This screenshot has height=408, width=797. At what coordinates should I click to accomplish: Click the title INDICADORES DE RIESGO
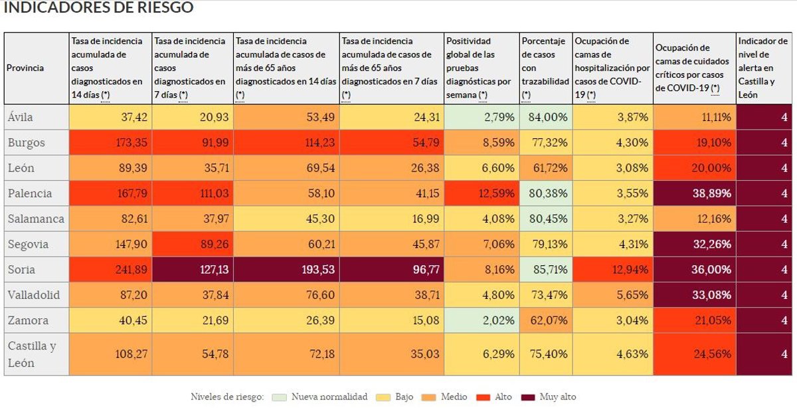(x=99, y=8)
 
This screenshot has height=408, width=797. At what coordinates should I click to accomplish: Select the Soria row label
(x=21, y=270)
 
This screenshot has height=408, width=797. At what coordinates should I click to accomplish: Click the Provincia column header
(x=25, y=68)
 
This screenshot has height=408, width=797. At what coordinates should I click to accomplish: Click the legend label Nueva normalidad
(x=329, y=397)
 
